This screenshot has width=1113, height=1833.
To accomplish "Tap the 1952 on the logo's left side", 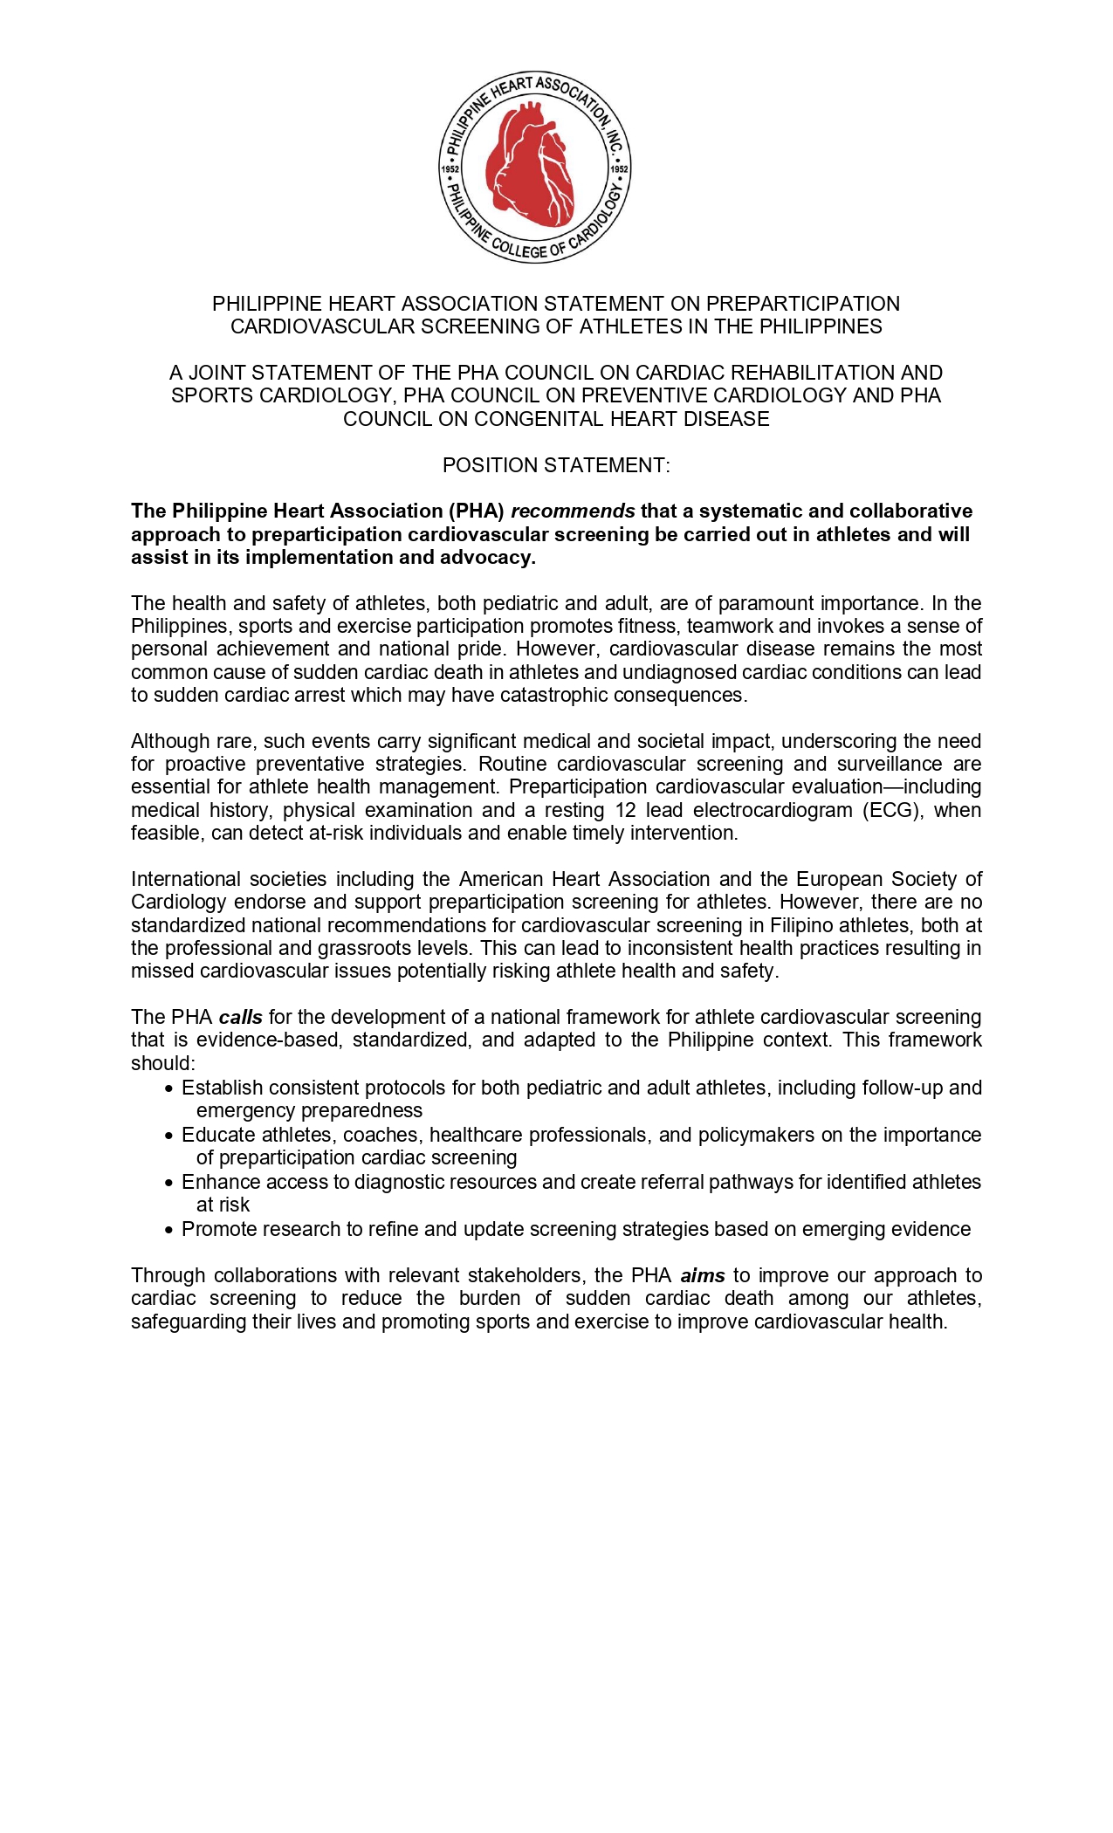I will pyautogui.click(x=450, y=169).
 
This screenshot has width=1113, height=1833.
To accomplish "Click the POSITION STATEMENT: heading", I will pyautogui.click(x=556, y=465).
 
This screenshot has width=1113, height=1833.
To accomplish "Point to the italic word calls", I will pyautogui.click(x=241, y=1017).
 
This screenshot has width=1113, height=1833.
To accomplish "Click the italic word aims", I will pyautogui.click(x=703, y=1275).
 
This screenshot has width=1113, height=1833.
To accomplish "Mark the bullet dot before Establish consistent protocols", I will pyautogui.click(x=169, y=1088).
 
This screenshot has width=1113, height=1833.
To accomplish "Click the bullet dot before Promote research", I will pyautogui.click(x=169, y=1230).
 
